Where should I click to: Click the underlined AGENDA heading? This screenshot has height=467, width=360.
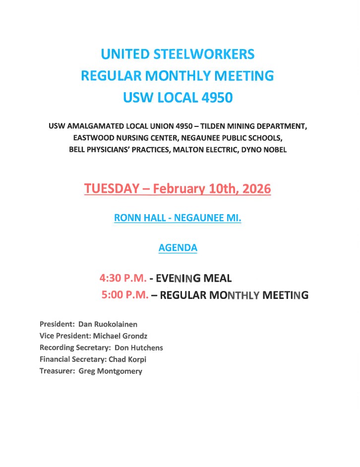(178, 248)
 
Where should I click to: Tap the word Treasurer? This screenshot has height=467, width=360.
(57, 371)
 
